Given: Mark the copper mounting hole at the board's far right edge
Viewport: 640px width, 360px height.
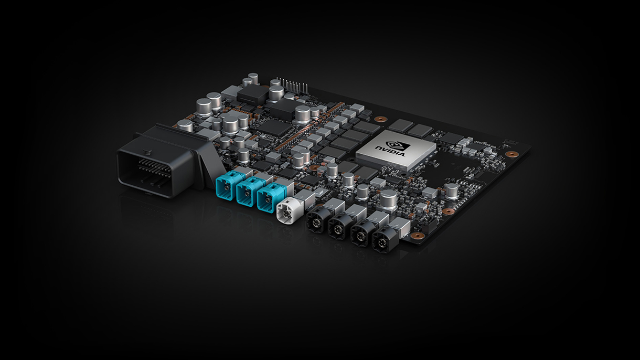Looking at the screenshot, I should tap(509, 155).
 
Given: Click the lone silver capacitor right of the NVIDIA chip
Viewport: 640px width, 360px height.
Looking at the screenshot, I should tap(452, 190).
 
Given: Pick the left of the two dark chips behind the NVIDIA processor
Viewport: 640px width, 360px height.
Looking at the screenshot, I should tap(402, 125).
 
